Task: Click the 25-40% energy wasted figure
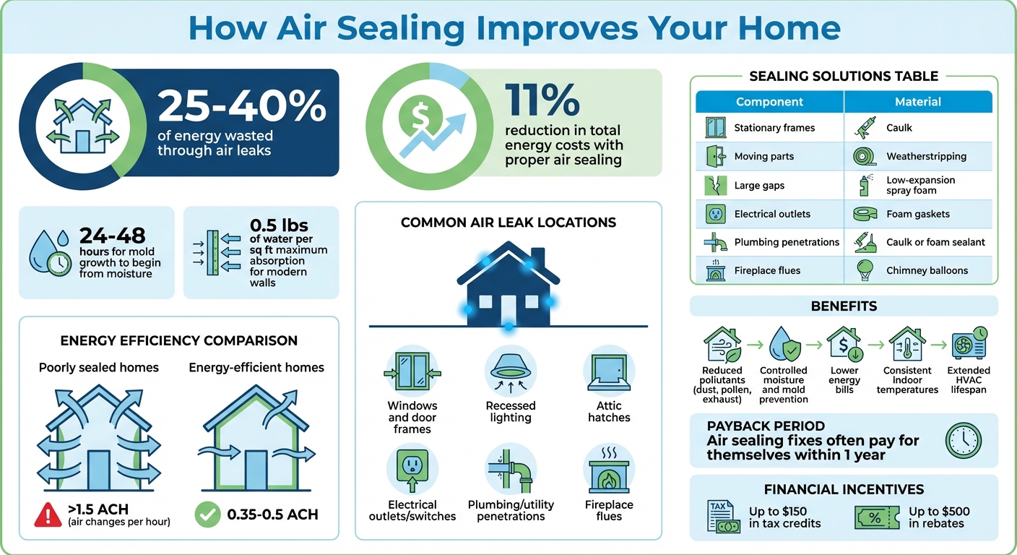pos(241,106)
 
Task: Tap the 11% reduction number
pos(542,99)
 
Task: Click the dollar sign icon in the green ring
pos(419,116)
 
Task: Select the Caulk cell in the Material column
pos(899,128)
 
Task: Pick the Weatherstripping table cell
pos(926,156)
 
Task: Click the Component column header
pos(769,102)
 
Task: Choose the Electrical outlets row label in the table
pos(772,214)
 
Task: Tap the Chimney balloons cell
pos(927,270)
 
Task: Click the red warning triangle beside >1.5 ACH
pos(48,515)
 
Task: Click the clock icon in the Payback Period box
pos(963,440)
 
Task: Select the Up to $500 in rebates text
pos(939,517)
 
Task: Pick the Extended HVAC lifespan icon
pos(969,344)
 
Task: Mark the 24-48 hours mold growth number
pos(112,236)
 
